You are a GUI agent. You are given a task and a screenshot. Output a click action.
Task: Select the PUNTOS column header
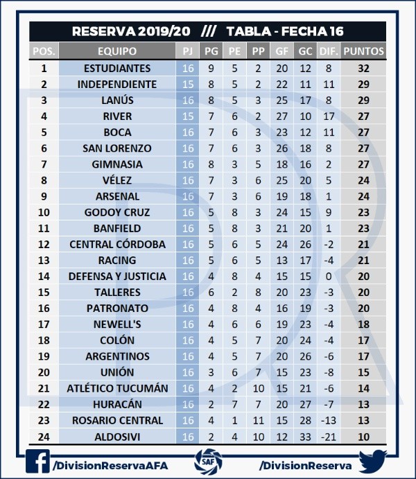pyautogui.click(x=364, y=51)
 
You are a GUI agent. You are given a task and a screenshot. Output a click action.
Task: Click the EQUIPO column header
pyautogui.click(x=117, y=51)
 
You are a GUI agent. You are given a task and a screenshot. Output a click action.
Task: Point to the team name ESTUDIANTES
pyautogui.click(x=117, y=69)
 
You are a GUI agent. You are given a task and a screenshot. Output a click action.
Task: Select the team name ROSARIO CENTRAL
pyautogui.click(x=117, y=420)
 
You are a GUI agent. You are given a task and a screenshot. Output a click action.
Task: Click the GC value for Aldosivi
pyautogui.click(x=305, y=436)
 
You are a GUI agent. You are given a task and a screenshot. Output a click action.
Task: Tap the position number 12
pyautogui.click(x=44, y=244)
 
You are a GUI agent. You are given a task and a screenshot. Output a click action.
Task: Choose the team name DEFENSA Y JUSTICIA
pyautogui.click(x=117, y=276)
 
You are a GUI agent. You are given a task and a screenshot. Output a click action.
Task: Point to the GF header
pyautogui.click(x=281, y=51)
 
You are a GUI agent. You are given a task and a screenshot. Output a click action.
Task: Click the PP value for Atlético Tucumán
pyautogui.click(x=258, y=388)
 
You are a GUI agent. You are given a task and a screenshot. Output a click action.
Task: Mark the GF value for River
pyautogui.click(x=281, y=116)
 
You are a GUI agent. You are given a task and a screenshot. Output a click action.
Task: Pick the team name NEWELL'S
pyautogui.click(x=117, y=324)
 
